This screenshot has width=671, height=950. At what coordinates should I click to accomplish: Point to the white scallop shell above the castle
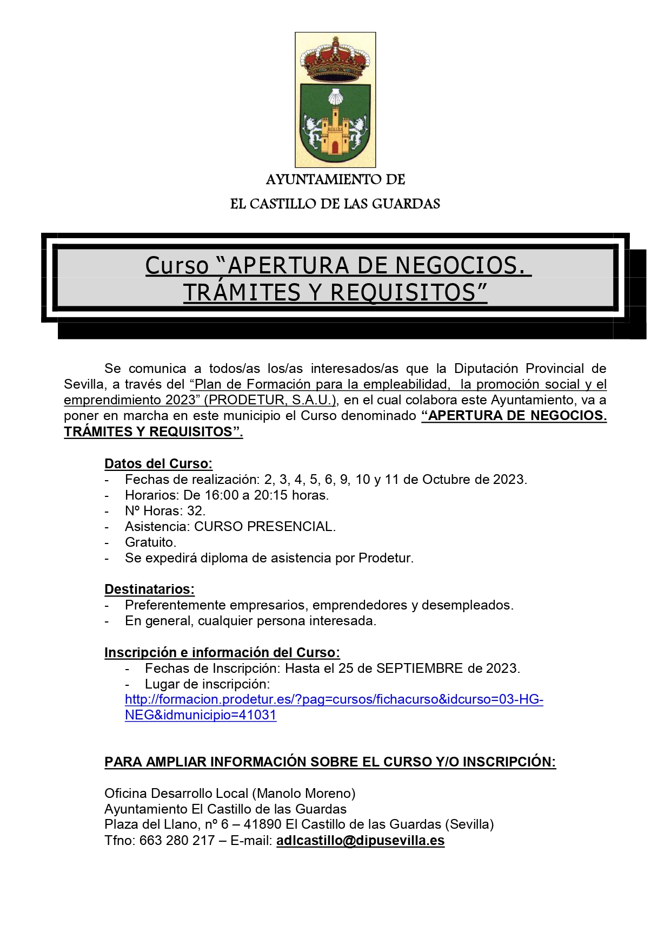(x=336, y=97)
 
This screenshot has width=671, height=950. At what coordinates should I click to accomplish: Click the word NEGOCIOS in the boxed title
(x=460, y=266)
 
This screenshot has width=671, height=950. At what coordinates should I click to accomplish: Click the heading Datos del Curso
(x=158, y=464)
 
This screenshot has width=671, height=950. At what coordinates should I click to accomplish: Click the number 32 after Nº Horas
(x=195, y=511)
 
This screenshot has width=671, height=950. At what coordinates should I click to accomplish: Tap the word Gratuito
(x=150, y=542)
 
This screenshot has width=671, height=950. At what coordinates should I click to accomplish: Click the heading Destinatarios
(x=149, y=589)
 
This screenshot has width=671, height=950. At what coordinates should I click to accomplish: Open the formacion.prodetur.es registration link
(x=334, y=699)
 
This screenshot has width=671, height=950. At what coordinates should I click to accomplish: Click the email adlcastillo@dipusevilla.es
(x=360, y=841)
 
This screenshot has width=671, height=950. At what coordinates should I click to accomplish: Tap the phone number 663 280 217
(x=177, y=841)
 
